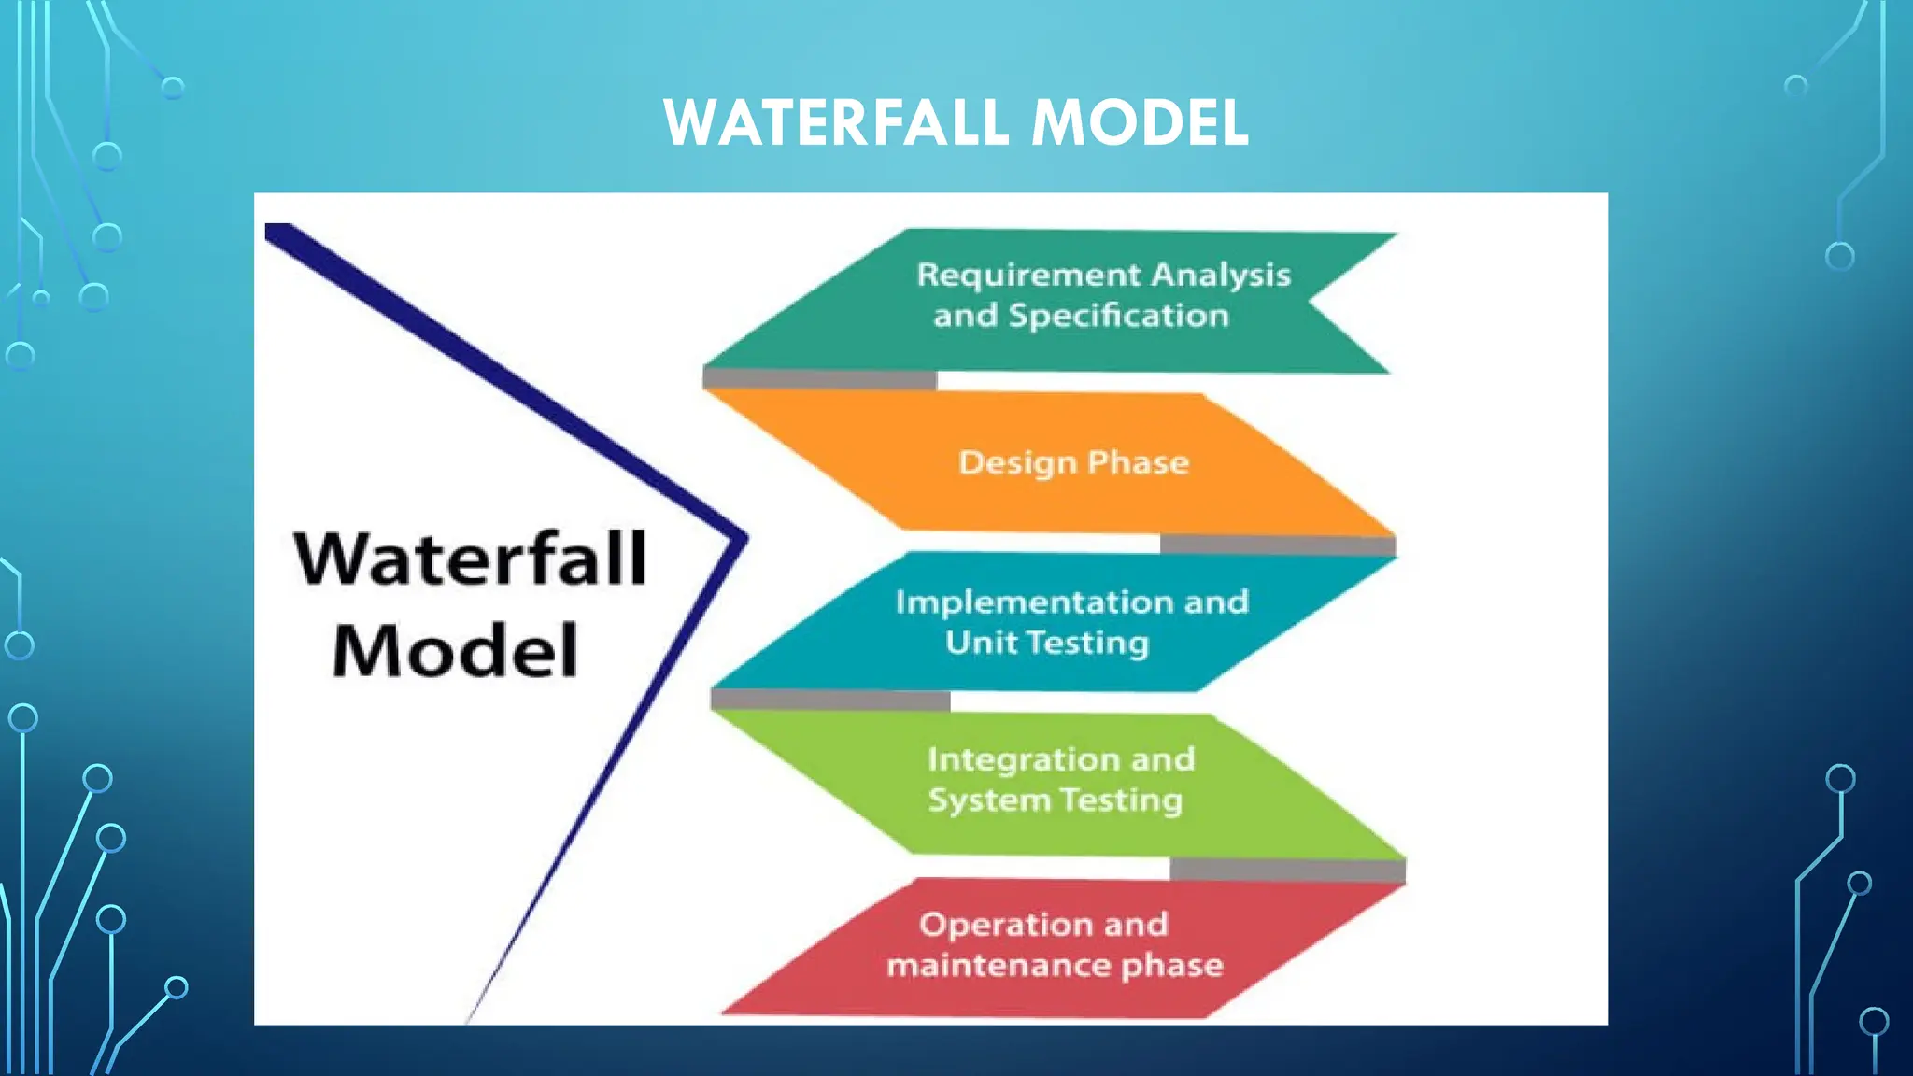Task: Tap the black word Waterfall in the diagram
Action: pyautogui.click(x=470, y=559)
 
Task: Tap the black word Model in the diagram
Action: pyautogui.click(x=455, y=651)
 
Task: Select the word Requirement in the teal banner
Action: pyautogui.click(x=1028, y=276)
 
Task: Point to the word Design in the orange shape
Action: pyautogui.click(x=1017, y=463)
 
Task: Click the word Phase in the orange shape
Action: pyautogui.click(x=1138, y=462)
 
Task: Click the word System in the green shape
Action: pyautogui.click(x=989, y=800)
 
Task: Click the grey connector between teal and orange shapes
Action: pyautogui.click(x=819, y=379)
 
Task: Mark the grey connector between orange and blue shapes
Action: pyautogui.click(x=1277, y=545)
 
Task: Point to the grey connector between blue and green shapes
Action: pyautogui.click(x=829, y=701)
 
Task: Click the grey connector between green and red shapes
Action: pyautogui.click(x=1286, y=870)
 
